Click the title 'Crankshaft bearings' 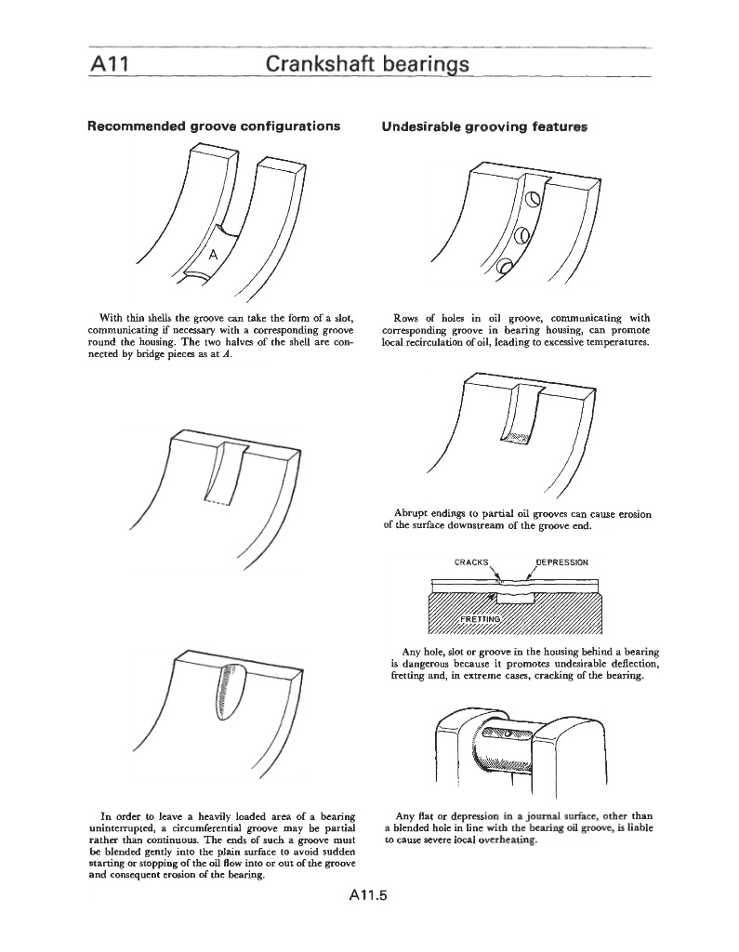(x=368, y=64)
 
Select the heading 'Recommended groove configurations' (x=213, y=126)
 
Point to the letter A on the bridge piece (x=213, y=254)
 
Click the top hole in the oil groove (x=533, y=199)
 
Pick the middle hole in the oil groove (x=521, y=234)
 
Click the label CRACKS (x=470, y=562)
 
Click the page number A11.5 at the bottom (x=368, y=897)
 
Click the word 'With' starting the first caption (x=112, y=317)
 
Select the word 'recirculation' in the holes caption (x=437, y=341)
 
